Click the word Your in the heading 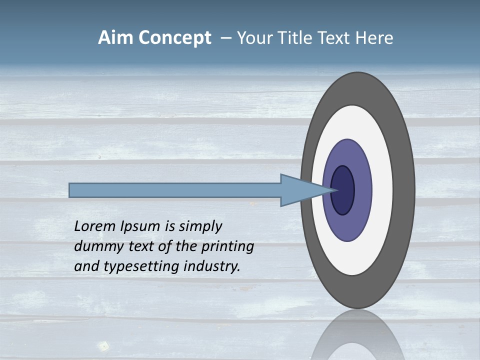click(254, 38)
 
